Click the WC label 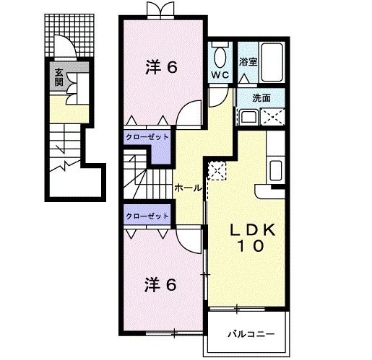[x=220, y=74]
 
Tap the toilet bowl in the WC [x=220, y=56]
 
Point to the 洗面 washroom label [x=261, y=97]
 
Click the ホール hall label [x=187, y=188]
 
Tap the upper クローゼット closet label [x=147, y=136]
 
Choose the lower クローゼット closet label [x=147, y=216]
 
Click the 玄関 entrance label [x=58, y=76]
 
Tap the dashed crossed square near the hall [x=216, y=170]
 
